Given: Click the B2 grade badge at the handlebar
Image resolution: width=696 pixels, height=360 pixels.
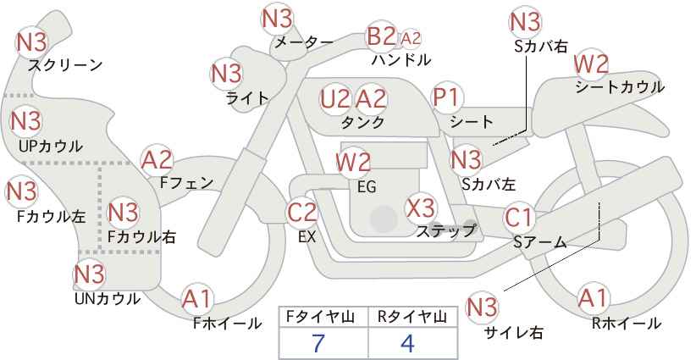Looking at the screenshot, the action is tap(381, 36).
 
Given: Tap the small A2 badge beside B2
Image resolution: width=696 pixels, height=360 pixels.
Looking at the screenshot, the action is tap(410, 39).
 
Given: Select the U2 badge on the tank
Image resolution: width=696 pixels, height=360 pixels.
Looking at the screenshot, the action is tap(334, 99).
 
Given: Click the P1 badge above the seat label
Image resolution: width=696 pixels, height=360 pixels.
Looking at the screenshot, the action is tap(447, 97).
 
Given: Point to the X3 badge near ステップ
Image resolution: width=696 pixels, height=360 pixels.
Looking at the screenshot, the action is tap(420, 208).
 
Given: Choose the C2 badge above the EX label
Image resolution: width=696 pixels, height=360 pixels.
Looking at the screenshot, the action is tap(301, 212).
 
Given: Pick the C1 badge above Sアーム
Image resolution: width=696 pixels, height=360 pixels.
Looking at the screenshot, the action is tap(518, 218).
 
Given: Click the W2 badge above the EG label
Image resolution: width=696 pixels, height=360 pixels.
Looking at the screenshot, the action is tap(353, 162).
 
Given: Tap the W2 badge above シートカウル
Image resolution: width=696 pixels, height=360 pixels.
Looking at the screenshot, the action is tap(591, 65).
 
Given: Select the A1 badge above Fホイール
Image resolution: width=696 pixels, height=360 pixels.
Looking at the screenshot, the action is tap(197, 299).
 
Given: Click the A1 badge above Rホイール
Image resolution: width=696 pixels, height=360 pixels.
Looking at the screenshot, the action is tap(593, 298).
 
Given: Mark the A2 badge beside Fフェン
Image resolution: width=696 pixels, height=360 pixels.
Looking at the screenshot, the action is tap(157, 160).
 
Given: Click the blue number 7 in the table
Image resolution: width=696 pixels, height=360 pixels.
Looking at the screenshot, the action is tap(319, 343).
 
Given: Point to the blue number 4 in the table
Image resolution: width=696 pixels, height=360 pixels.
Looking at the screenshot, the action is tap(407, 343).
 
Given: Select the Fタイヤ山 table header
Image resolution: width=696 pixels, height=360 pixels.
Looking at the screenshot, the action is tap(320, 317).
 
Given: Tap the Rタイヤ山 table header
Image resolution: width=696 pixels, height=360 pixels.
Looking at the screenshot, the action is tap(412, 317).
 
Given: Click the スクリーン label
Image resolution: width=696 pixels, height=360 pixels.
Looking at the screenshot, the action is tap(65, 66).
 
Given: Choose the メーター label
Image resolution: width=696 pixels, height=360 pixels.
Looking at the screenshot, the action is tap(304, 42).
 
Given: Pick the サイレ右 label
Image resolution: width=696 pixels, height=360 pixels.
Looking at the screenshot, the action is tap(514, 332).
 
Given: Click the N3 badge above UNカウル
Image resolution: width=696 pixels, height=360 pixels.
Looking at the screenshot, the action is tap(89, 274).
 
